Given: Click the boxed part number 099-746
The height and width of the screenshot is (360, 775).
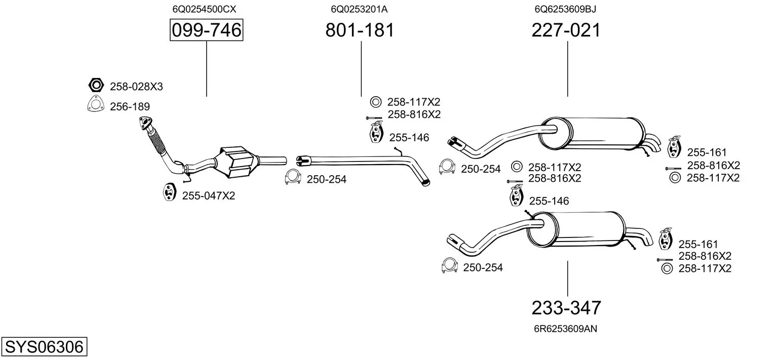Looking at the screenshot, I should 206,31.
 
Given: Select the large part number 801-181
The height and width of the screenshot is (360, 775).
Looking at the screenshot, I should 360,31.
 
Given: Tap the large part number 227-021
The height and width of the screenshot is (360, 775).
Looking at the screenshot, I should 566,31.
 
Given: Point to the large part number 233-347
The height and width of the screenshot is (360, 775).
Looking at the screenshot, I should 566,308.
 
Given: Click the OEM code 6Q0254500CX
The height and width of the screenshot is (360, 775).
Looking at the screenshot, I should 204,9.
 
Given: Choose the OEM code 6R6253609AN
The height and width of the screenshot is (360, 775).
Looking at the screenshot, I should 565,329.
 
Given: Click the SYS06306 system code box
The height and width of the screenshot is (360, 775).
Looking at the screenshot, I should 44,347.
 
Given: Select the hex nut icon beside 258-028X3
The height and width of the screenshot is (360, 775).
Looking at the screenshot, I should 96,86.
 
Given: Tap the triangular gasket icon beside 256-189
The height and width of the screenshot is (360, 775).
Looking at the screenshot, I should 95,104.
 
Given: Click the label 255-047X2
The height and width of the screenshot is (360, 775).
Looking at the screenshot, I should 208,195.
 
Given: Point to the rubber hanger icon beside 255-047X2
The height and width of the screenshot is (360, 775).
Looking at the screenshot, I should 169,192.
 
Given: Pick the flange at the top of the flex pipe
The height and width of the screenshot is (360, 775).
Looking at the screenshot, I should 146,123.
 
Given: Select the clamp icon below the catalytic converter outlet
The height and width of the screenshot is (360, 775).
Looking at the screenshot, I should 292,177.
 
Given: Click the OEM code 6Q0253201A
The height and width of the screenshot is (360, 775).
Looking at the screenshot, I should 359,9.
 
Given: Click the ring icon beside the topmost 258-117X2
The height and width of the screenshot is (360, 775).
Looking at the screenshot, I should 375,102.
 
